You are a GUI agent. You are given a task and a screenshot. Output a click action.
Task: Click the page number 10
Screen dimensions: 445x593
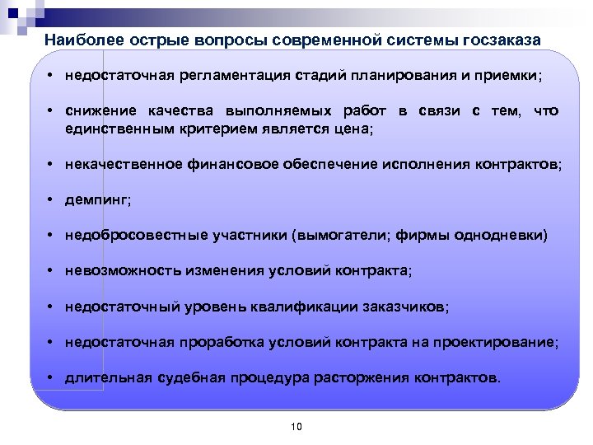297,426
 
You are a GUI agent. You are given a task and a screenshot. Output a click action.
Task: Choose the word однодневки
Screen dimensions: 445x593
505,236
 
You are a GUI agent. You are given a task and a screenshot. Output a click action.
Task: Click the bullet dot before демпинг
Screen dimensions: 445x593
51,199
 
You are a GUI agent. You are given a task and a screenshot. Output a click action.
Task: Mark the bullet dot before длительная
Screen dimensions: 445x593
51,379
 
